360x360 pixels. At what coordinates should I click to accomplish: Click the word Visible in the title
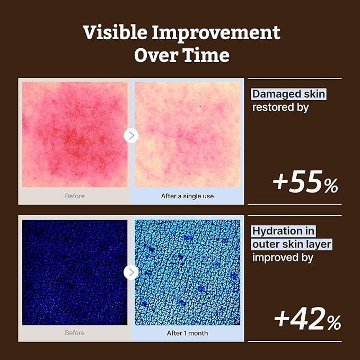point(115,32)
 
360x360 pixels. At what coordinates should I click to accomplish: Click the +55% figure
point(305,182)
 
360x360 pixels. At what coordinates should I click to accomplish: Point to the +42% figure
point(308,319)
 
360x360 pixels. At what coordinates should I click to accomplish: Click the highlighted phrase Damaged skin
point(288,94)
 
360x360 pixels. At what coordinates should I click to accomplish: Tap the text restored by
point(280,108)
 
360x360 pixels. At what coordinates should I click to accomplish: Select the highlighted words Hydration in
point(283,231)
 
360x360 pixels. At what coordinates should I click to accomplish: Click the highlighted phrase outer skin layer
point(292,244)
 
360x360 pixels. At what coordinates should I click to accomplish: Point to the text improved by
point(283,258)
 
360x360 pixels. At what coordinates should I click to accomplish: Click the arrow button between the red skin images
point(131,135)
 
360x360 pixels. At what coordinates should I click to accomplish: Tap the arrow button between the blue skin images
point(131,273)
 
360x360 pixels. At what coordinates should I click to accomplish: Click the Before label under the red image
point(75,196)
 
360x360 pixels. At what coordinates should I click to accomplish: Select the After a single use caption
point(187,196)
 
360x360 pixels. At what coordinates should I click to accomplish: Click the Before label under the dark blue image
point(75,333)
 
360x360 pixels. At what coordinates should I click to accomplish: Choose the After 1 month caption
point(187,333)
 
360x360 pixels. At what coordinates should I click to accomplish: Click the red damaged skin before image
point(75,135)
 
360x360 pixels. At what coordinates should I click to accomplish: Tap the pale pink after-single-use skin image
point(188,135)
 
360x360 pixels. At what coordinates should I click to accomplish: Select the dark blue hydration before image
point(75,273)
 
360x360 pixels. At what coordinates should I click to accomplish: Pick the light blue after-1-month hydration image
point(188,273)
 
